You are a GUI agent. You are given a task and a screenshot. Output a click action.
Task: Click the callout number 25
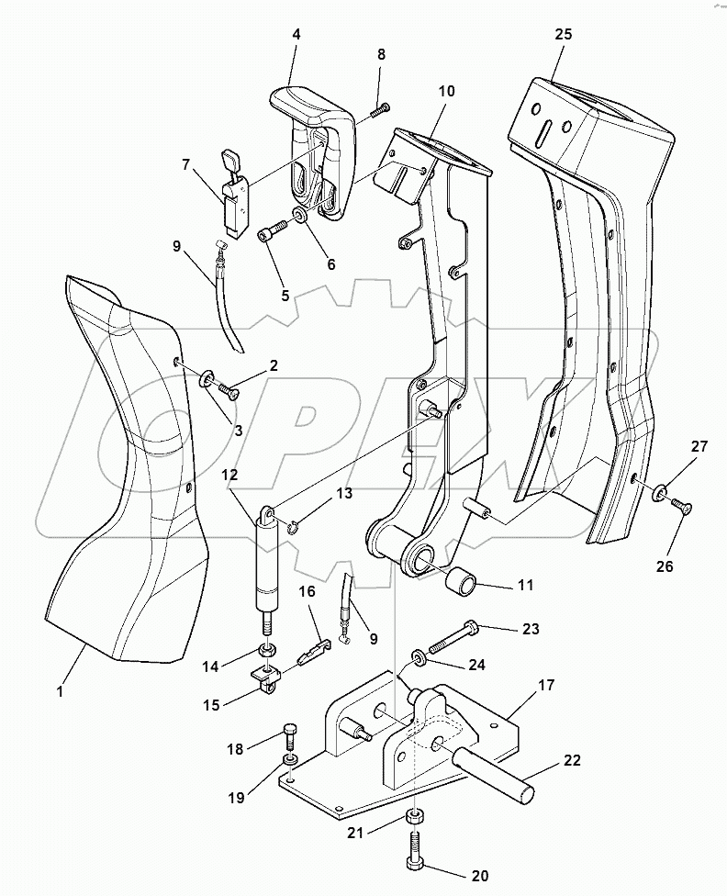pos(563,34)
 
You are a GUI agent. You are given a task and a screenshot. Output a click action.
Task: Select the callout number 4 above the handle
pos(296,35)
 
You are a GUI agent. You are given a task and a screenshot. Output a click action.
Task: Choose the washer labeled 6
pos(300,218)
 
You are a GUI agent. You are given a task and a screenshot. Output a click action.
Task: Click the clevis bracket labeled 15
pos(264,681)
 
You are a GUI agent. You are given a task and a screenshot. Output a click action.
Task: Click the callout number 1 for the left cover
pos(61,691)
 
